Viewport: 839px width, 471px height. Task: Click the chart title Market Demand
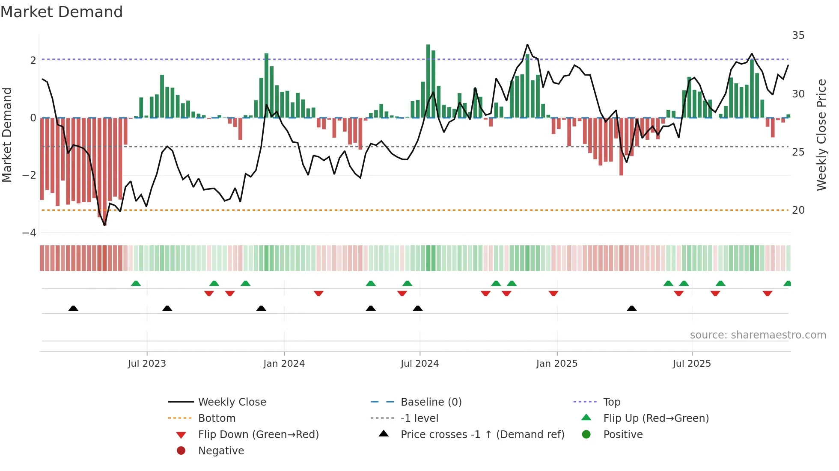[62, 12]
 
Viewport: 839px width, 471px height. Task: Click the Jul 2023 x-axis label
[147, 364]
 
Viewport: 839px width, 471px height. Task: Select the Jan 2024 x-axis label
[284, 364]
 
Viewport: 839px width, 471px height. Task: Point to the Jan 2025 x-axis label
[556, 364]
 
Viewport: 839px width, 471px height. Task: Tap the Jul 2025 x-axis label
[692, 364]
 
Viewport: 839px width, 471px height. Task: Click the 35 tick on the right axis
[798, 35]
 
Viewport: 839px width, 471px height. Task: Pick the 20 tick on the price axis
[798, 210]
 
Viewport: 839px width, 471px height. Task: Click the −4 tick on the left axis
[29, 233]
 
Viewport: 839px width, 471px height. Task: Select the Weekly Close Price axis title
[821, 135]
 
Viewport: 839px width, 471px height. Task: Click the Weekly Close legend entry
[232, 402]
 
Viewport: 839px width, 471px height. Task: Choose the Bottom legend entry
[217, 418]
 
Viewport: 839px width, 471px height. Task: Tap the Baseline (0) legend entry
[431, 402]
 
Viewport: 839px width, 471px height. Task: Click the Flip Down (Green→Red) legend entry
[258, 435]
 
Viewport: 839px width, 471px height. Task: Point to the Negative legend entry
[221, 451]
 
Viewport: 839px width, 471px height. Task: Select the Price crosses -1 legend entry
[482, 435]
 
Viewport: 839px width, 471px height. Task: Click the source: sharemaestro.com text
[758, 335]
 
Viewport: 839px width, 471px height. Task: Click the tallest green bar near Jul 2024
[428, 81]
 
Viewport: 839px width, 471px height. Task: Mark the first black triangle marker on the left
[73, 308]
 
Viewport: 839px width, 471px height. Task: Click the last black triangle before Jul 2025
[631, 308]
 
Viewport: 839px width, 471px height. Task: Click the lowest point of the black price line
[104, 225]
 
